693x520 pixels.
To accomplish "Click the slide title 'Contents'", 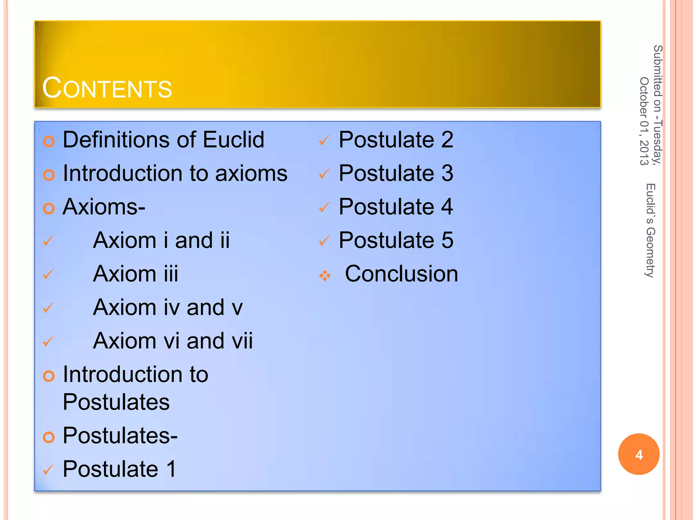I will point(107,88).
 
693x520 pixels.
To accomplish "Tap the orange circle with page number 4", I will point(639,454).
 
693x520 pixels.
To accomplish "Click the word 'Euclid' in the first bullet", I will point(233,140).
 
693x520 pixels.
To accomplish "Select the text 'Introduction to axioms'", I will point(175,173).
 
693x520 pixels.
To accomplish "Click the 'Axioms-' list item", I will point(104,207).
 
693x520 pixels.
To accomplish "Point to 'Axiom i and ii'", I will point(161,240).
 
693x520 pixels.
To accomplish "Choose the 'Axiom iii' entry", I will point(135,274).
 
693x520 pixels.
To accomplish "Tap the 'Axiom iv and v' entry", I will point(168,307).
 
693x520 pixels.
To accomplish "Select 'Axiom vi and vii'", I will point(173,341).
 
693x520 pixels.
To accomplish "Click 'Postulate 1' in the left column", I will point(119,469).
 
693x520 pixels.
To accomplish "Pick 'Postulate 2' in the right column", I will point(396,140).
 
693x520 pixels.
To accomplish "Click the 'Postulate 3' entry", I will point(396,173).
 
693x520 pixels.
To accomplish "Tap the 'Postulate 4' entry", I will point(396,207).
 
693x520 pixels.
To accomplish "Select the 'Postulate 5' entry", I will point(396,240).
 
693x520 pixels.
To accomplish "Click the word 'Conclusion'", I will point(401,274).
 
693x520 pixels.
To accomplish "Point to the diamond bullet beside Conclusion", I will point(325,276).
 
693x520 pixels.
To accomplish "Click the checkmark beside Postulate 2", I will point(324,140).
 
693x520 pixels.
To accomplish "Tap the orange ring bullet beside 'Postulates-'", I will point(49,437).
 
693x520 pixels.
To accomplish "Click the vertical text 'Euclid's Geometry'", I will point(650,230).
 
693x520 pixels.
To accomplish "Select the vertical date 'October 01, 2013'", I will point(644,121).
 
